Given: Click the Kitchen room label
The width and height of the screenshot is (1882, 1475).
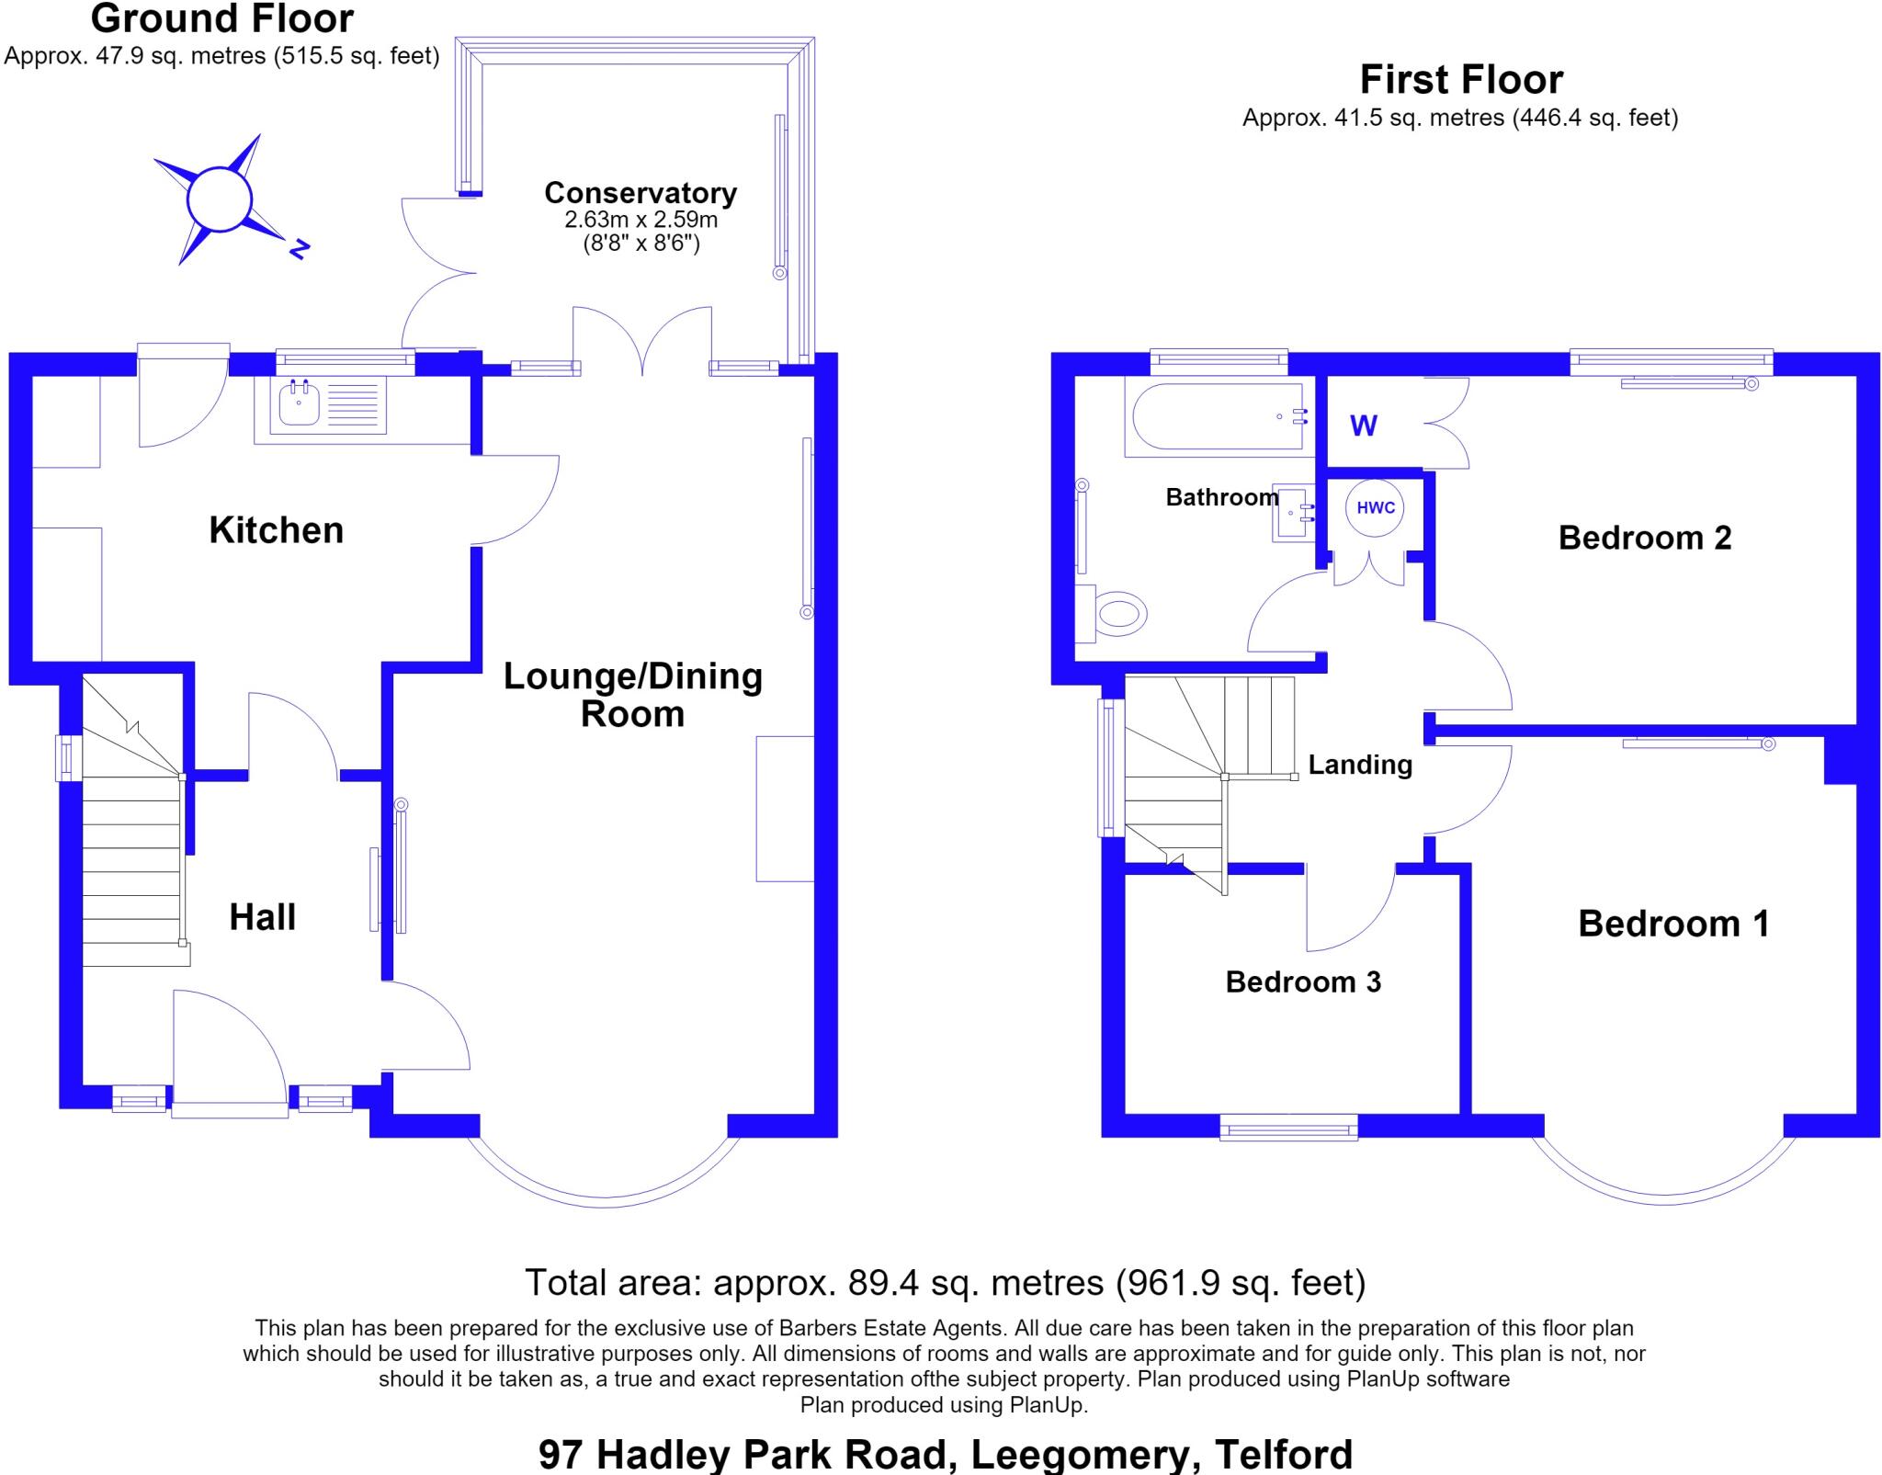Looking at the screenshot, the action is pos(276,530).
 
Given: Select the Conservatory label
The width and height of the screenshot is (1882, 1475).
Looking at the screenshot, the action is pos(641,193).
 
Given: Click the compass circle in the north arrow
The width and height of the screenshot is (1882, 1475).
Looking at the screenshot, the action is pos(219,199).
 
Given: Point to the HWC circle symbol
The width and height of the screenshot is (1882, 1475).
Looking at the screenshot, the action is pos(1376,508).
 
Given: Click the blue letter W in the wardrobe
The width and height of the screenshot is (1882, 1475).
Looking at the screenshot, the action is pos(1364,425).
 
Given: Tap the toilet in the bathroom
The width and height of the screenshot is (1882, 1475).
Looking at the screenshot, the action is pos(1112,614).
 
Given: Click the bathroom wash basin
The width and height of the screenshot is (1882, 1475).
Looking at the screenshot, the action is pos(1293,512).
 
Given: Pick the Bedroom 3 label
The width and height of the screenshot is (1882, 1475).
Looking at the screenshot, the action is pos(1303,981).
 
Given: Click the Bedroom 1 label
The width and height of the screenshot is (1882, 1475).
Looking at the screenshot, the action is pos(1673,924).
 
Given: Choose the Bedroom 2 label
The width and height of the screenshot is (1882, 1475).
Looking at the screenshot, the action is pos(1645,538).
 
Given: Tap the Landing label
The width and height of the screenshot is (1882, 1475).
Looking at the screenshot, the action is pos(1360,765).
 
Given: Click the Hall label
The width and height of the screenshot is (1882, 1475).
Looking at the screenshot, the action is pos(262,917).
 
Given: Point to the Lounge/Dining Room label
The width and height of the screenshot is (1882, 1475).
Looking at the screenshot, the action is pos(633,695).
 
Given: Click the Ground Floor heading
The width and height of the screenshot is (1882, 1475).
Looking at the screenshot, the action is pos(221,19).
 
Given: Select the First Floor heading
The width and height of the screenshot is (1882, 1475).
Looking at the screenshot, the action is pos(1461,80).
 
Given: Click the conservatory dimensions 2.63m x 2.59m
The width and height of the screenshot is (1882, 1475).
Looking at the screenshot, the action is pos(641,221).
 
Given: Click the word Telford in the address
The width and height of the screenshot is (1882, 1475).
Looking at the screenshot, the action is pos(1284,1455).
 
